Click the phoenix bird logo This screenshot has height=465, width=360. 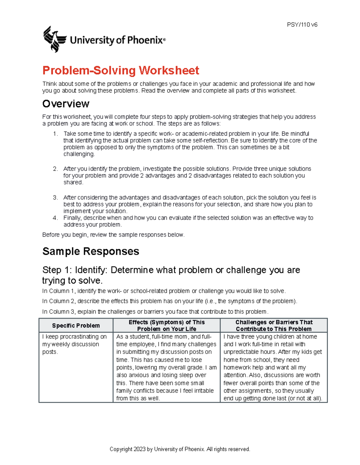(x=54, y=39)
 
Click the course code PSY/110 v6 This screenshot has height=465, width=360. (x=302, y=25)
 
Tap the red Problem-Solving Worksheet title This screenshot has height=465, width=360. (x=121, y=71)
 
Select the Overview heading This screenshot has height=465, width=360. (x=66, y=104)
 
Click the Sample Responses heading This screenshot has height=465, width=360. (x=91, y=251)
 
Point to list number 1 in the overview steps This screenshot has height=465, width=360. (x=55, y=134)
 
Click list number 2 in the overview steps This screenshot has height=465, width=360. (x=55, y=169)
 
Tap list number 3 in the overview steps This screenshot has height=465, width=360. (x=55, y=198)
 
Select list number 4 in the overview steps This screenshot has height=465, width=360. (x=55, y=218)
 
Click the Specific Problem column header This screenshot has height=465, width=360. (x=76, y=325)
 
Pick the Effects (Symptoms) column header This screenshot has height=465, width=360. (x=166, y=325)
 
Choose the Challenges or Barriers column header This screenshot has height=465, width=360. (x=274, y=325)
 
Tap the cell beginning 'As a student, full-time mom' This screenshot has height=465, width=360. (x=166, y=367)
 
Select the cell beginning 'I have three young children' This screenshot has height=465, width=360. (x=273, y=367)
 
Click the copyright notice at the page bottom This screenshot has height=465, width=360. (x=180, y=449)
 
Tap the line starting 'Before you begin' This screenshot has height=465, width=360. (x=113, y=235)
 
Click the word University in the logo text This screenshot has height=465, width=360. (x=92, y=40)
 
